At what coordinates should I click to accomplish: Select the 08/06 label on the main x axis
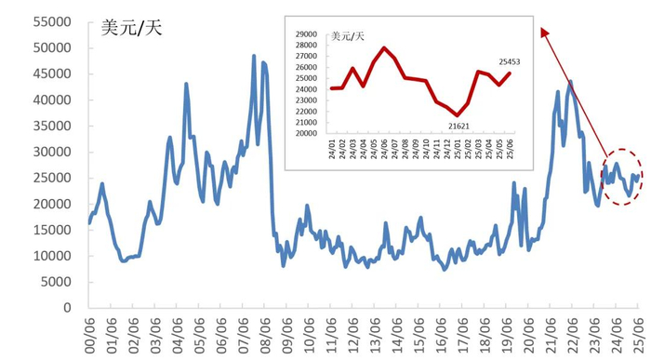tap(264, 330)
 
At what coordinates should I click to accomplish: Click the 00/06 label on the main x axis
tap(90, 330)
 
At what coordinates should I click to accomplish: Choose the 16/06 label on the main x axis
tap(440, 330)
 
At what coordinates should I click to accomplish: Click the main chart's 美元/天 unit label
tap(132, 27)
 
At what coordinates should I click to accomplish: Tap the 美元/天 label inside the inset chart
tap(349, 35)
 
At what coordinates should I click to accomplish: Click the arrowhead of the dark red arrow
tap(542, 33)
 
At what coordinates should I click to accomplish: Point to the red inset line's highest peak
tap(384, 47)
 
